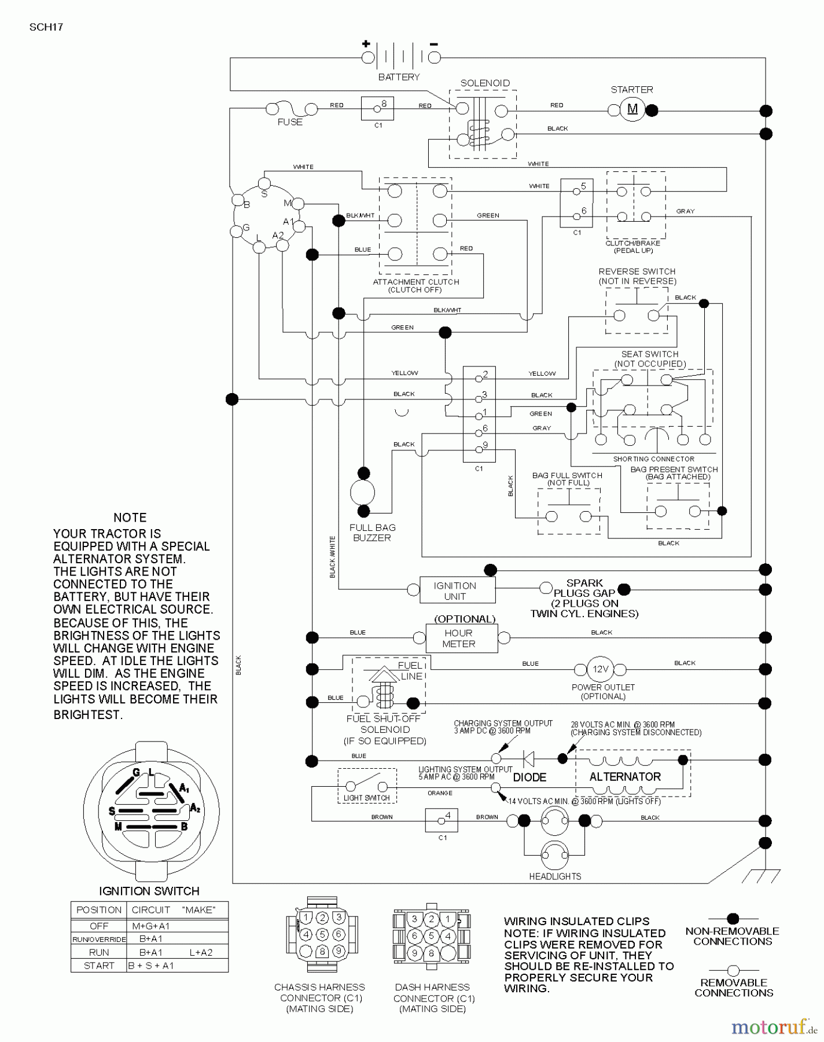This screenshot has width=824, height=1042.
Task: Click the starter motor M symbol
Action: [x=632, y=109]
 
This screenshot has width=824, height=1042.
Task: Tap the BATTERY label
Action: [x=399, y=77]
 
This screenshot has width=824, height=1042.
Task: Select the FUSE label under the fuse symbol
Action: [x=290, y=122]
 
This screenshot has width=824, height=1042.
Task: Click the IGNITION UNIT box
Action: [x=455, y=590]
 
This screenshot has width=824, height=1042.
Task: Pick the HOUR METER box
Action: [x=461, y=638]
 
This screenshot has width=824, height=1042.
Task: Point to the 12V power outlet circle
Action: [x=599, y=669]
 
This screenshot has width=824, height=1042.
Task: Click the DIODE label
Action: [x=529, y=777]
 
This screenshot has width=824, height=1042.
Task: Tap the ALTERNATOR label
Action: [x=625, y=777]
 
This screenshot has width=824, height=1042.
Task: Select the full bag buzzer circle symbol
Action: [x=363, y=493]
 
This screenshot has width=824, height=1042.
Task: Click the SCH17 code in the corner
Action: [x=46, y=27]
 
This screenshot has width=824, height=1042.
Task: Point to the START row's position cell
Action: [x=99, y=966]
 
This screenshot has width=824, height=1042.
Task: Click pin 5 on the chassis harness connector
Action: [x=322, y=934]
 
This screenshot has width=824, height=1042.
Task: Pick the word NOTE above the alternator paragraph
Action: [x=130, y=518]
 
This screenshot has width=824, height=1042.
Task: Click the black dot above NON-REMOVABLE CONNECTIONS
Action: [x=733, y=919]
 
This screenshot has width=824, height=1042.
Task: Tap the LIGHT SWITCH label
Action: [x=366, y=798]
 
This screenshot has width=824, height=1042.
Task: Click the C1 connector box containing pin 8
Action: [x=377, y=108]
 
